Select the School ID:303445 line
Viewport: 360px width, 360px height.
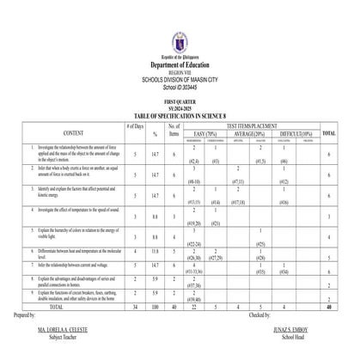point(180,87)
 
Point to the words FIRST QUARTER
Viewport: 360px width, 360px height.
point(180,101)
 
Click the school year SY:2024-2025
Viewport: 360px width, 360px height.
point(180,108)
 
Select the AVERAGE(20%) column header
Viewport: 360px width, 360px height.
point(258,133)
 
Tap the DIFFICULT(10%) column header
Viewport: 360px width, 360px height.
point(297,133)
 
